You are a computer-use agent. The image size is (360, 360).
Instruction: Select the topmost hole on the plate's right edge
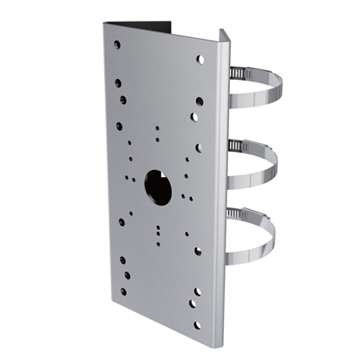coord(200,60)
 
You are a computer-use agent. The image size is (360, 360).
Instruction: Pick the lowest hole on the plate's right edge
coord(198,326)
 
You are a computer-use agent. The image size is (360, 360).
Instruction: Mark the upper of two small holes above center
coord(158,128)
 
